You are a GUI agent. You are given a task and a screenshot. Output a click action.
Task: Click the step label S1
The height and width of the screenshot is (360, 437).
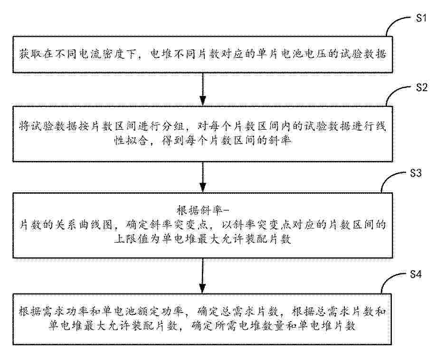tap(421, 19)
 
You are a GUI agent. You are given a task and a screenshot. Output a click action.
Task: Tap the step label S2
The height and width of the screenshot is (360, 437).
tap(422, 88)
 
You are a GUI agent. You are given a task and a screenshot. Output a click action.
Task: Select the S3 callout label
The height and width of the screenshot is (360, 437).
tap(416, 173)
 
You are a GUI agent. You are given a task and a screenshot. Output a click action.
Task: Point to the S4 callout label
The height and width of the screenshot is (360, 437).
tap(416, 275)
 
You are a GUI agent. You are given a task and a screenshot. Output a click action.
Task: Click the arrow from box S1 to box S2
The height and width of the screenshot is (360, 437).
tap(203, 89)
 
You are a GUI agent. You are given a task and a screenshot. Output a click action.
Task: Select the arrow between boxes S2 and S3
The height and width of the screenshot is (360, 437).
tap(203, 177)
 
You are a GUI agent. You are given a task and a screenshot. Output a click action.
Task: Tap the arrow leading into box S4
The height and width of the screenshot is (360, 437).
tap(203, 276)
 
